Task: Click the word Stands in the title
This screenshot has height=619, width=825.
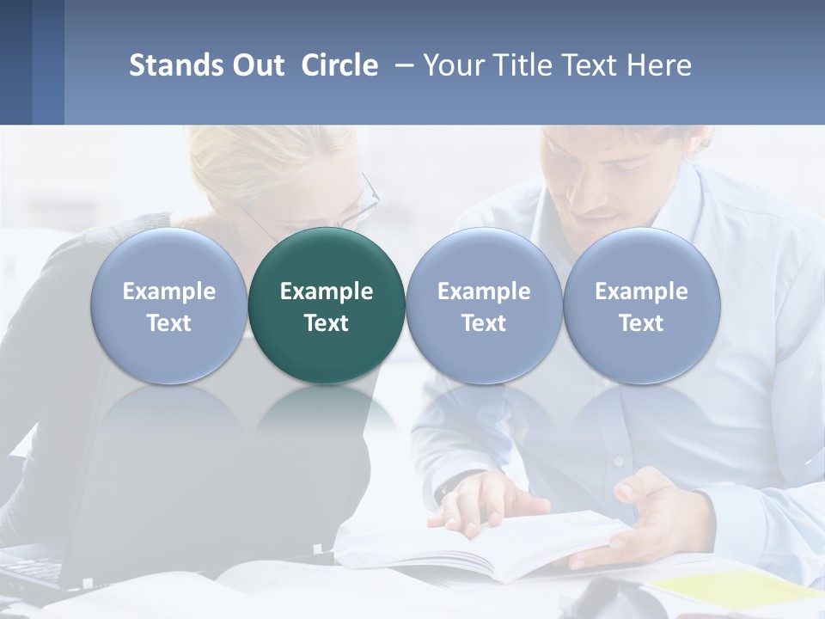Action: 174,65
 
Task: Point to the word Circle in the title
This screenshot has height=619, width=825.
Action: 339,65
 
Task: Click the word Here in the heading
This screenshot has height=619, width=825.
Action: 660,65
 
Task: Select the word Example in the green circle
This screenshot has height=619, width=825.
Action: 327,291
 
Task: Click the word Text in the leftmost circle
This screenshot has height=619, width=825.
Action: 168,323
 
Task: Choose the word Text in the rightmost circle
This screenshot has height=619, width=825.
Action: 641,323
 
